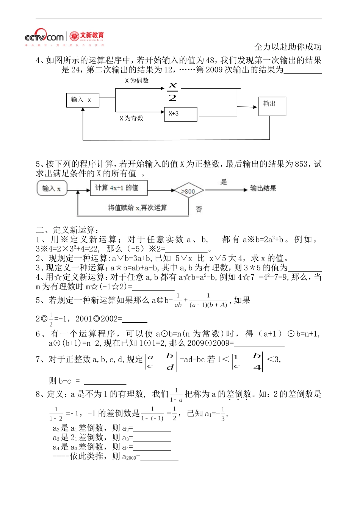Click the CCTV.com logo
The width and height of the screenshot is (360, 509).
tap(44, 37)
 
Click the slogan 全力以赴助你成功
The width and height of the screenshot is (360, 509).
tap(288, 47)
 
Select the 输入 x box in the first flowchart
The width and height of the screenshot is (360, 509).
tap(83, 100)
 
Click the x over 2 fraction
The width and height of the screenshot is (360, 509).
tap(172, 91)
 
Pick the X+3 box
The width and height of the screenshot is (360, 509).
tap(180, 114)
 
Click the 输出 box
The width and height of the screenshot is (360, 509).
tap(272, 106)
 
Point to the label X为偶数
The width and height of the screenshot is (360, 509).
tap(137, 81)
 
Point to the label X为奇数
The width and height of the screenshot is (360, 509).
tap(131, 118)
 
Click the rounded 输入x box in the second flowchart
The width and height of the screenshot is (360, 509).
tap(52, 188)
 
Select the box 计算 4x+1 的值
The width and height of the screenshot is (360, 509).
tap(119, 188)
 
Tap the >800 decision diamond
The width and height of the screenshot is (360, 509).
tap(188, 191)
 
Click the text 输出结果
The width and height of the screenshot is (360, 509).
tap(263, 188)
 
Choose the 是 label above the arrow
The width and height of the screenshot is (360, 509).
tap(224, 182)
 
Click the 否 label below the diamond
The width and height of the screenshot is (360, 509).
tap(199, 209)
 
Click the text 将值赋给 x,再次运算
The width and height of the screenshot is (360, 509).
tap(137, 208)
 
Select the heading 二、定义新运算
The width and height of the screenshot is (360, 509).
tap(67, 230)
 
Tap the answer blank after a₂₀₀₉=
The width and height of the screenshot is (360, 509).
tap(159, 457)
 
